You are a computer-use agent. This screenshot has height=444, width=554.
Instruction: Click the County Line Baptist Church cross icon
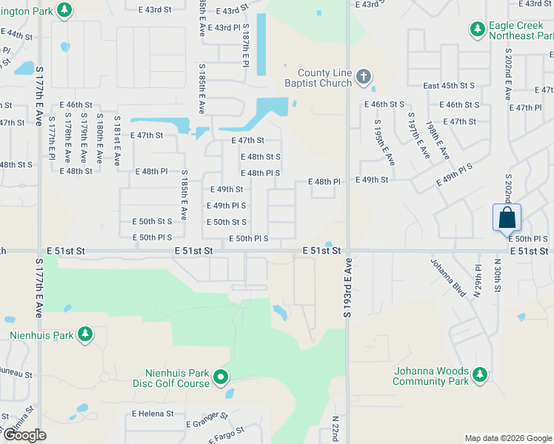pyautogui.click(x=363, y=75)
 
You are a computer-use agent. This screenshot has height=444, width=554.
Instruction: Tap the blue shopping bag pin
pyautogui.click(x=507, y=218)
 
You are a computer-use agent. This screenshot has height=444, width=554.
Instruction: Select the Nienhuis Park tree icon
pyautogui.click(x=85, y=334)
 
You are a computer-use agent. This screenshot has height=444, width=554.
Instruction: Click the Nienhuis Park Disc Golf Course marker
pyautogui.click(x=221, y=379)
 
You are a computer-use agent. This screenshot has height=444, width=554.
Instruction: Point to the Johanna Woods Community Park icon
pyautogui.click(x=480, y=375)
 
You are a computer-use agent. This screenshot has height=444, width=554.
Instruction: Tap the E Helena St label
pyautogui.click(x=153, y=414)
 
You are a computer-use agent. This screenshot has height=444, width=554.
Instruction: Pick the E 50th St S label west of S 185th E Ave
pyautogui.click(x=152, y=221)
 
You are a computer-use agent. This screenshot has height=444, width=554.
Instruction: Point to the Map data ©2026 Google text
pyautogui.click(x=507, y=438)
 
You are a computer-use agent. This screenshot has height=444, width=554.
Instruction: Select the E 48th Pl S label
pyautogui.click(x=260, y=173)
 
